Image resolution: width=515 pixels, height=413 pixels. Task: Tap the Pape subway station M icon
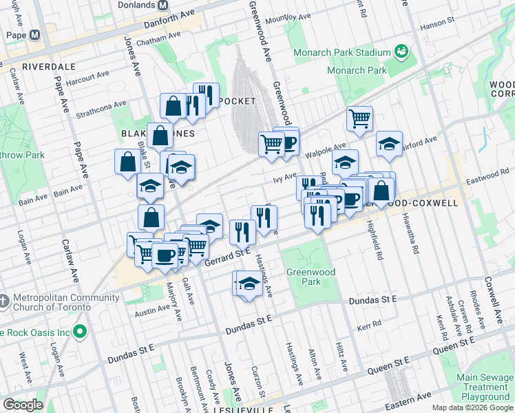click(34, 34)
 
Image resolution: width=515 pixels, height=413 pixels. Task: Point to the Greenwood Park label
click(311, 277)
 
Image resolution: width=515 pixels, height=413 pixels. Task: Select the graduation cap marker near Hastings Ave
click(249, 283)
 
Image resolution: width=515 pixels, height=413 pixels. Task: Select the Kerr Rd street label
click(369, 323)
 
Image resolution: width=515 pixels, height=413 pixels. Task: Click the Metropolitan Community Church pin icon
click(4, 301)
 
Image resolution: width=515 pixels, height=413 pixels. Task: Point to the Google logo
click(22, 405)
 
